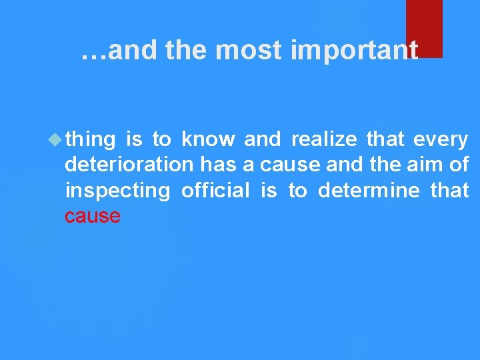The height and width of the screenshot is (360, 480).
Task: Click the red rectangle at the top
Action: [x=424, y=28]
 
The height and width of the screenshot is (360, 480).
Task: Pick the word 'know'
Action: [x=209, y=139]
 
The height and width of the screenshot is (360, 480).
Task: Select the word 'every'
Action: [x=441, y=140]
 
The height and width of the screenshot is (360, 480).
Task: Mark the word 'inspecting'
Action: [x=118, y=191]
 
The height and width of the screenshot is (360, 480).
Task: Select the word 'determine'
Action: [x=369, y=191]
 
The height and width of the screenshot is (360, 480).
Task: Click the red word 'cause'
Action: [x=93, y=216]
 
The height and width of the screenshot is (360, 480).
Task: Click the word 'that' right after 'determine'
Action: [x=450, y=191]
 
